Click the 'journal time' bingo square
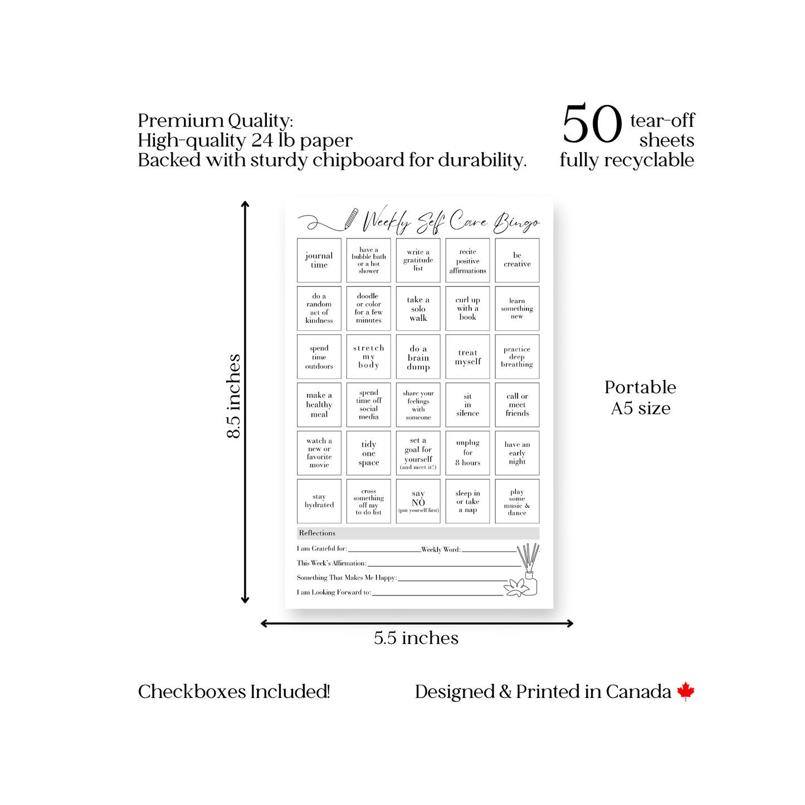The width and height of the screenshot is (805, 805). point(319,260)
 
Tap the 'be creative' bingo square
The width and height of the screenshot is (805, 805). point(517,260)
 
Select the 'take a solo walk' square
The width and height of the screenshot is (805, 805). point(418,308)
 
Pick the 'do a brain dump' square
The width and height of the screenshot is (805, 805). point(418,357)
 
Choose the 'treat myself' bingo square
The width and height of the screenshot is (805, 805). point(467,357)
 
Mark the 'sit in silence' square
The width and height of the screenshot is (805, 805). point(467,405)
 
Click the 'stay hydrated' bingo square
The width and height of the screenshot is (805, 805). point(319,501)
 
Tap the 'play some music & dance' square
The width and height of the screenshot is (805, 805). point(517,501)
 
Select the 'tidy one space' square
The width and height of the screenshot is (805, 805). point(368,453)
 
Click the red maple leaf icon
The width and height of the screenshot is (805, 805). point(685,691)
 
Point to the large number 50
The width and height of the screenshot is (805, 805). point(592,124)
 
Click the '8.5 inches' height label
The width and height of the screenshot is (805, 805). point(233,396)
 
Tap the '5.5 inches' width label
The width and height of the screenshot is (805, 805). point(416,638)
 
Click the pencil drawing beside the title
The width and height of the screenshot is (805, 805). point(351,219)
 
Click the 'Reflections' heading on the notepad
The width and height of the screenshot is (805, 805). point(317,533)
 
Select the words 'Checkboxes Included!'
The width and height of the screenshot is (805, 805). point(234,691)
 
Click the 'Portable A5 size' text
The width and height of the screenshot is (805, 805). point(640,397)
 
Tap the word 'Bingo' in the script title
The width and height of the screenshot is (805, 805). point(516,223)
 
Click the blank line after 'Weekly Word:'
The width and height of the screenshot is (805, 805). point(489,552)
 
